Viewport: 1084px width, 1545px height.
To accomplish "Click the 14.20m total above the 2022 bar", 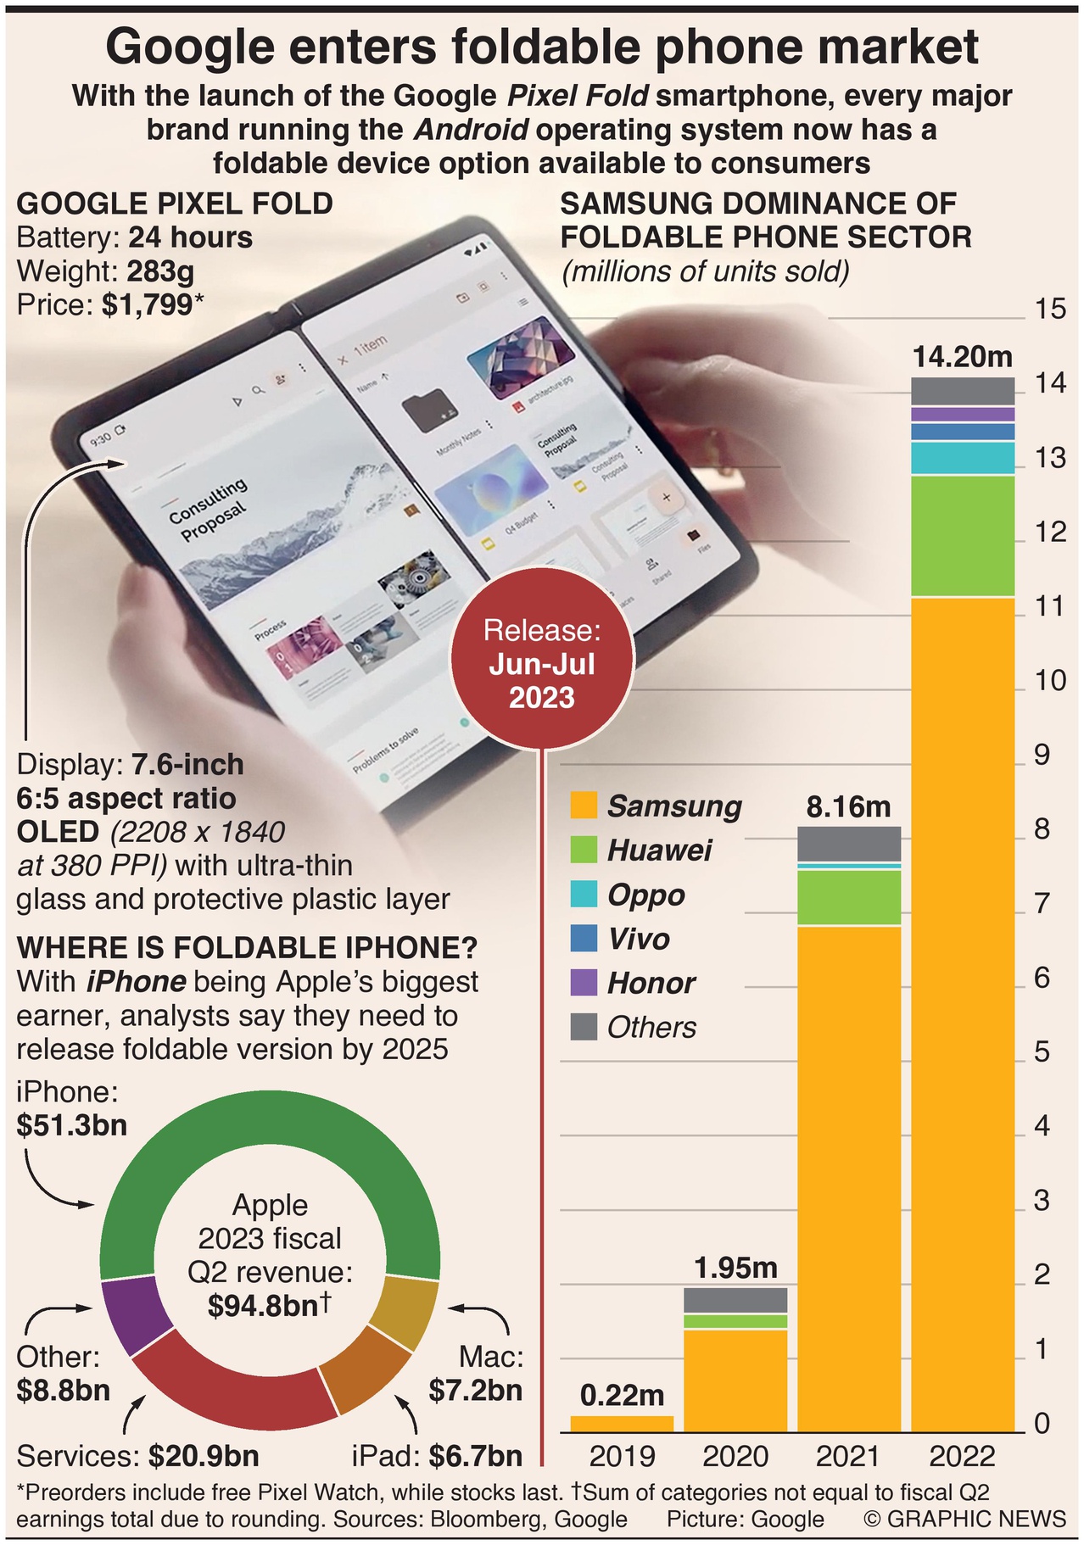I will tap(963, 357).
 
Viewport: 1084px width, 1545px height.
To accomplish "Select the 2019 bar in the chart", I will tap(622, 1424).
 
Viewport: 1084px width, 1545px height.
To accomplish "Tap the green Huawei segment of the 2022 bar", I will tap(963, 536).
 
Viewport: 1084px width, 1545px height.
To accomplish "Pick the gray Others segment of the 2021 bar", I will tap(849, 844).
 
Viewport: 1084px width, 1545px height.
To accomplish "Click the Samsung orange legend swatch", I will tap(584, 806).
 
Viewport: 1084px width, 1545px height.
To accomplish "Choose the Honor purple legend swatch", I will tap(584, 983).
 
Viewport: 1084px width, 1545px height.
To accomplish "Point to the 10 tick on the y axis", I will tap(1050, 680).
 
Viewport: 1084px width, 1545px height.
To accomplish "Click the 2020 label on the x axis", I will tap(735, 1457).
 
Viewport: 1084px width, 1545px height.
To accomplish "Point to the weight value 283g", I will tap(160, 271).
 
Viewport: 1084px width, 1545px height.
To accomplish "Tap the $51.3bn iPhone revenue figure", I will tap(72, 1125).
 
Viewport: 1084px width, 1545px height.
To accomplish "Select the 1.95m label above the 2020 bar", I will tap(735, 1268).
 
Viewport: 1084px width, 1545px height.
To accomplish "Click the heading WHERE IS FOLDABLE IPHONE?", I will tap(247, 947).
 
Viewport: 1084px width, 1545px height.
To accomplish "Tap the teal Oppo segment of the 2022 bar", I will tap(963, 459).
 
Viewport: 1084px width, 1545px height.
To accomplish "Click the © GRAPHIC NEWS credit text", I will tap(964, 1519).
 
